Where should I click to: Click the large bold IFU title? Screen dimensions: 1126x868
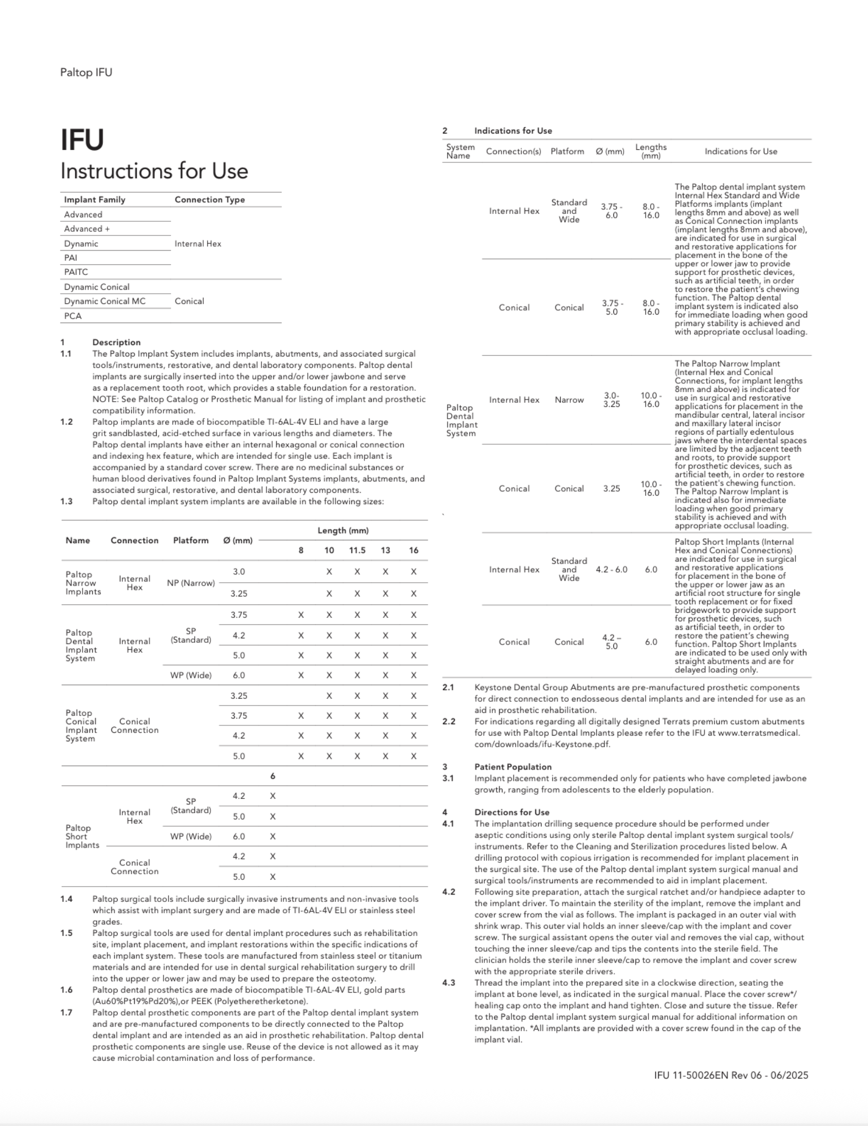82,140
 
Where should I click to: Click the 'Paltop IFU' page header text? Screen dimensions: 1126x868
86,72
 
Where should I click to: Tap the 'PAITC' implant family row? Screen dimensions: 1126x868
76,272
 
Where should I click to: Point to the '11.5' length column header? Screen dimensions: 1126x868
357,550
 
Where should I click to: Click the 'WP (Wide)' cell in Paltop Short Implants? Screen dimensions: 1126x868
191,836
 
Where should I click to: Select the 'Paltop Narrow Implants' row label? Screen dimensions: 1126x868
83,583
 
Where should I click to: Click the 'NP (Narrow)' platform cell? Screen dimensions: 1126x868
191,583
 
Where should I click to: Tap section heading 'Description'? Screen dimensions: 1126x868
117,342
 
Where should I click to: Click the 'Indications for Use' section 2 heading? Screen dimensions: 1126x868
513,131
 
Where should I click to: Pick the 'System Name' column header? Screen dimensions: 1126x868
460,151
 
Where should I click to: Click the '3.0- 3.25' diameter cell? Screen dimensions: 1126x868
611,400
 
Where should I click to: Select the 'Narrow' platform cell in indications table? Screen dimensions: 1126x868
569,400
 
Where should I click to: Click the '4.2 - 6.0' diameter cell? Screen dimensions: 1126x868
611,570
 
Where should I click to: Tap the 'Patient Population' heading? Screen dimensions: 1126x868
513,767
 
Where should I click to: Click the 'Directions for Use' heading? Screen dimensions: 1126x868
512,812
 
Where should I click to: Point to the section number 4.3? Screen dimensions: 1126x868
448,983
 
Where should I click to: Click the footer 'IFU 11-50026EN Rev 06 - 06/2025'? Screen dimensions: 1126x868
731,1075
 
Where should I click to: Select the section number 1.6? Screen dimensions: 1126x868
66,990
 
